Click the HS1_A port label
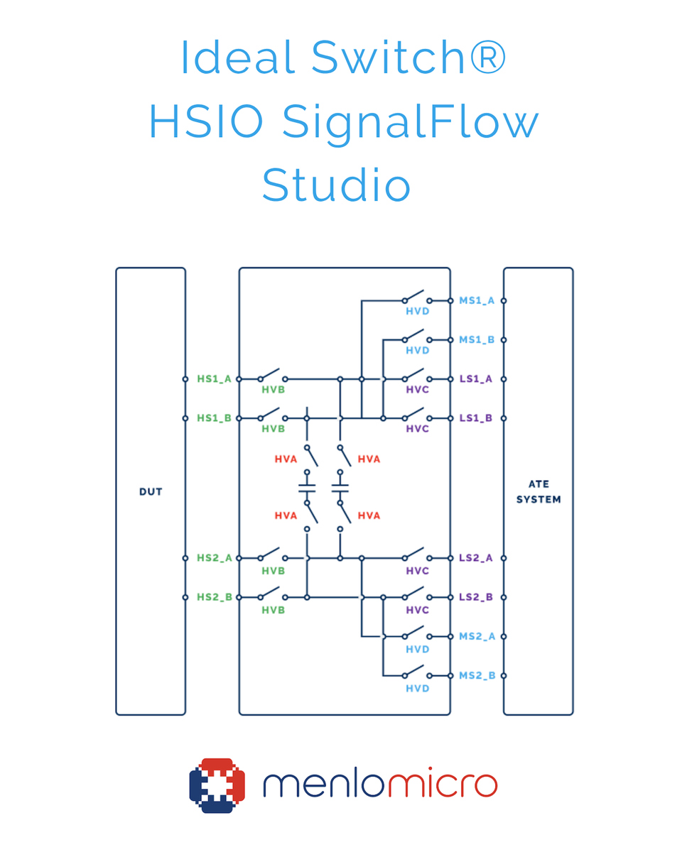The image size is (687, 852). point(214,379)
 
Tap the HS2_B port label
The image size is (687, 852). point(214,597)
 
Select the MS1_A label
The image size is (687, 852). point(476,301)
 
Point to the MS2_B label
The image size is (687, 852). point(476,675)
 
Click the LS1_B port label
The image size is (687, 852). point(475,418)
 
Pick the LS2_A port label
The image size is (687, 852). point(475,558)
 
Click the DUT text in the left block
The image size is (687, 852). point(151,491)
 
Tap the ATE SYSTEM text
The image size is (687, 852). point(538,491)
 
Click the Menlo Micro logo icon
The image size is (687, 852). point(217,785)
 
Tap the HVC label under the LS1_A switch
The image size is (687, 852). point(417,390)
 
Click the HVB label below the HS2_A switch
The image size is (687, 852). point(273,571)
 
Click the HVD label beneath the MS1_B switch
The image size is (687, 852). point(417,351)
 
